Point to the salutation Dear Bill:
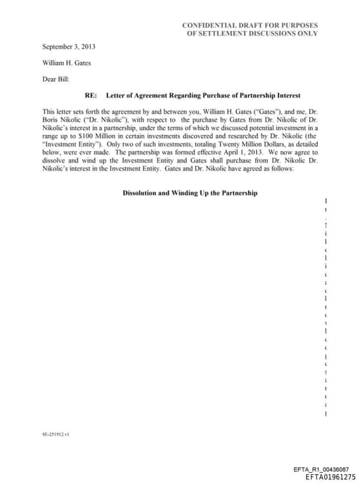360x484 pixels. coord(56,79)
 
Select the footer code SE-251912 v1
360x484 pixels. coord(56,435)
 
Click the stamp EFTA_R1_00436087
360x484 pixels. coord(321,469)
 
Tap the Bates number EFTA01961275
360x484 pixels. coord(330,476)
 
